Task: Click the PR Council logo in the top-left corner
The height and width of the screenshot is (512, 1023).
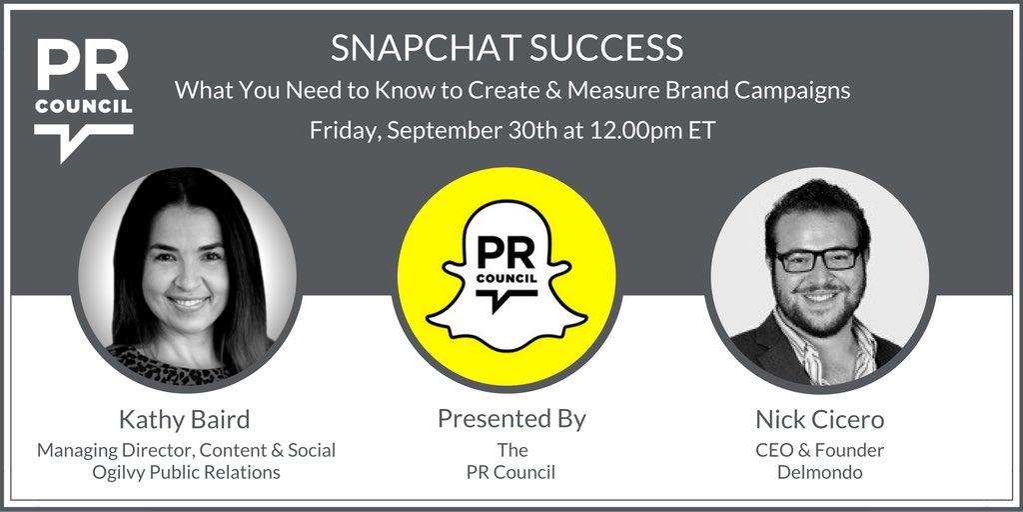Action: [82, 97]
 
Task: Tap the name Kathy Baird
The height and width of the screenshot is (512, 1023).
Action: [186, 419]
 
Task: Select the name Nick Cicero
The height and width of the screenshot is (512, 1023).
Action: [819, 419]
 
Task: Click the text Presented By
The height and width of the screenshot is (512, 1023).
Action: [511, 418]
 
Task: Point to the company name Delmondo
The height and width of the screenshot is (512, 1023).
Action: [819, 471]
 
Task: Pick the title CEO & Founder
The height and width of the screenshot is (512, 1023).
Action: [819, 450]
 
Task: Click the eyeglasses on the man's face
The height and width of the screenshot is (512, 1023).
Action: [818, 258]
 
